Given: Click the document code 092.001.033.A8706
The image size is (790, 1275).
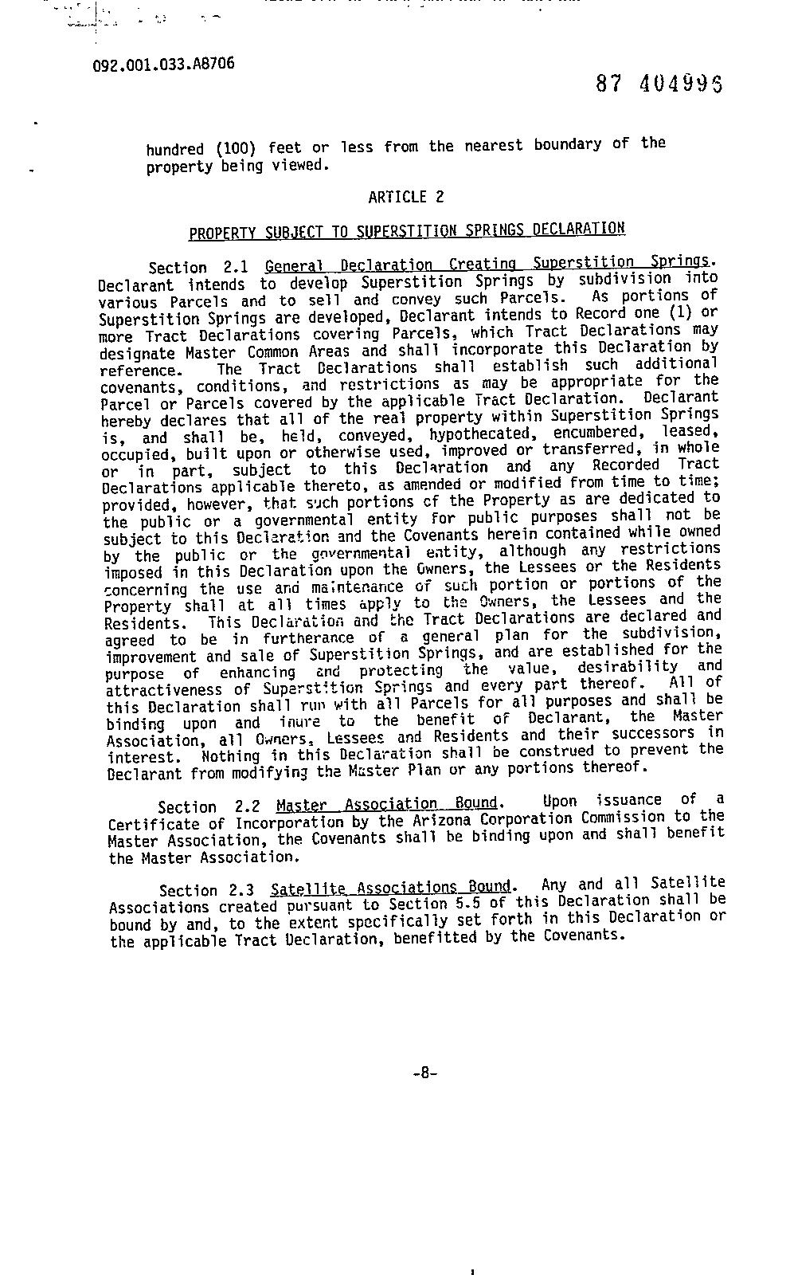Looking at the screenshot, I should tap(163, 64).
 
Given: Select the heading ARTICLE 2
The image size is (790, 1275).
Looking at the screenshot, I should tap(406, 197).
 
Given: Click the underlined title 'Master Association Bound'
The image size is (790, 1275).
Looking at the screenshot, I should tap(387, 804).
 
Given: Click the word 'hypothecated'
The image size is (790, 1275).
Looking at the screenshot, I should tap(479, 434).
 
